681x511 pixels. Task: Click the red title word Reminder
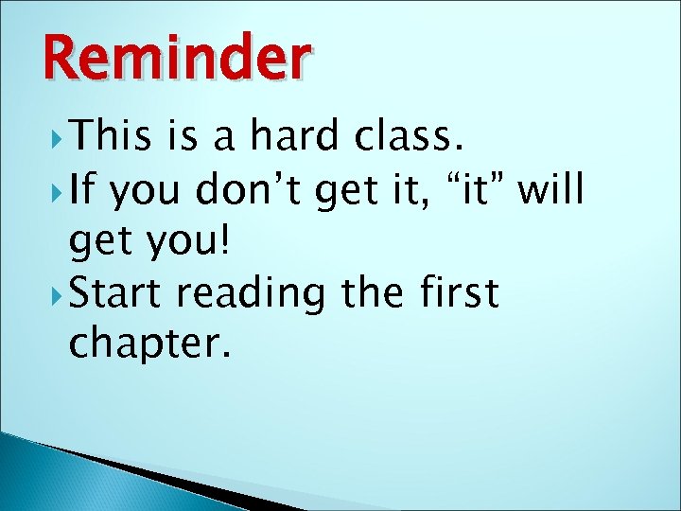(x=176, y=58)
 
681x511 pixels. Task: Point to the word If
(x=81, y=192)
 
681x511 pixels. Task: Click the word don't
(x=249, y=192)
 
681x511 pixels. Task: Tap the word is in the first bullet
(x=185, y=138)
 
